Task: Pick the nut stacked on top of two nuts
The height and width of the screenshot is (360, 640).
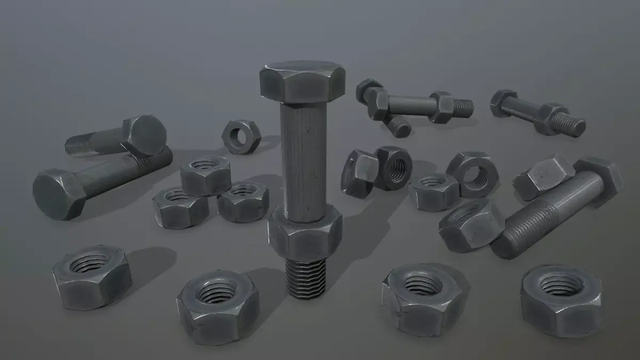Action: (205, 175)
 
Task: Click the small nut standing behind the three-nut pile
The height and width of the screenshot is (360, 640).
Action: (242, 137)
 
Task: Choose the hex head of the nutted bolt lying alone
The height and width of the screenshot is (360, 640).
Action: (503, 102)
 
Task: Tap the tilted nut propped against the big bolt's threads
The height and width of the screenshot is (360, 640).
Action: (471, 225)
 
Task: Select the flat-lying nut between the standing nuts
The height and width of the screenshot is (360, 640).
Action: (434, 190)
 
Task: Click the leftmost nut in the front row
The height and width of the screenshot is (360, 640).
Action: (92, 276)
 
